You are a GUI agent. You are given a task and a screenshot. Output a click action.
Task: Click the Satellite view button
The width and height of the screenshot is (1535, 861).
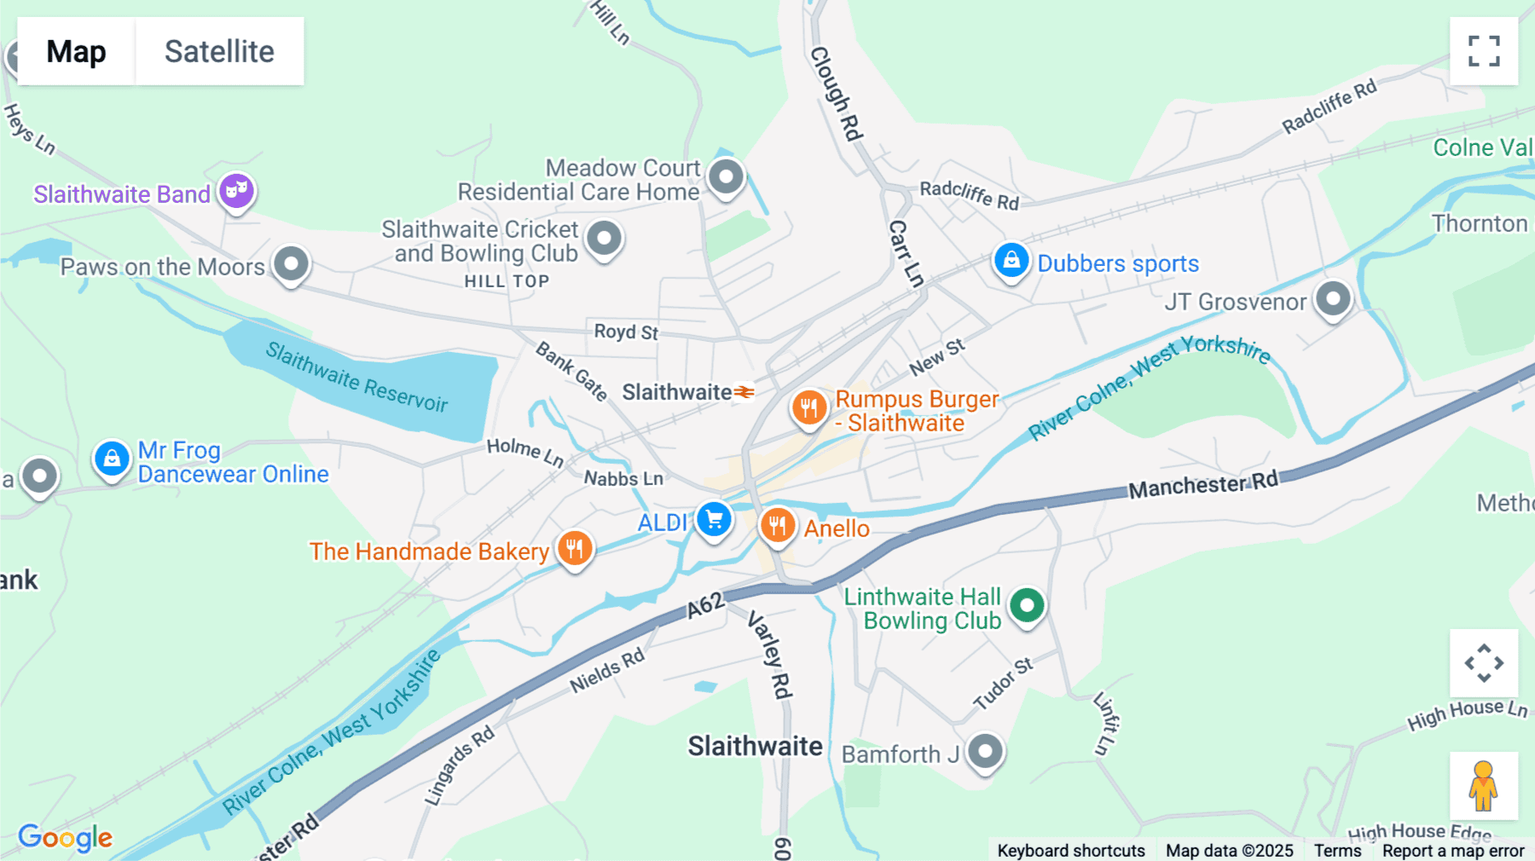coord(219,51)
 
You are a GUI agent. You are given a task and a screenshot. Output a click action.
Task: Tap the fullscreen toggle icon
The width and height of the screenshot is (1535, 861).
coord(1484,51)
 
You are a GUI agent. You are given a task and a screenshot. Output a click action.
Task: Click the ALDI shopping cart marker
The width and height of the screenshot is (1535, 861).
coord(714,518)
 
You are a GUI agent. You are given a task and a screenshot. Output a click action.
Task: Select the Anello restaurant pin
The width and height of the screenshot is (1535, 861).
coord(777,525)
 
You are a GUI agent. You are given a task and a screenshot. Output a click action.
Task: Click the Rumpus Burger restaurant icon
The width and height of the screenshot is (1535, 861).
coord(808,407)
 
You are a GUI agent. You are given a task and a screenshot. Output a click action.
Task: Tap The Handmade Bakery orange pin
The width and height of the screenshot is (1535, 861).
coord(575,548)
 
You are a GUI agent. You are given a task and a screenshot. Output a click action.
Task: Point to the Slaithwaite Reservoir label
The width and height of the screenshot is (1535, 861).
coord(356,377)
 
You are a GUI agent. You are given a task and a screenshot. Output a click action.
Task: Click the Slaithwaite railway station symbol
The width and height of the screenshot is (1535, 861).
coord(744,392)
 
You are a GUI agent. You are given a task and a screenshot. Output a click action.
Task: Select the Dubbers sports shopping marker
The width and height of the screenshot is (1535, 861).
coord(1011,260)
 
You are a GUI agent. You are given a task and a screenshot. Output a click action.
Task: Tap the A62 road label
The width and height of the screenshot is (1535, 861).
coord(706,604)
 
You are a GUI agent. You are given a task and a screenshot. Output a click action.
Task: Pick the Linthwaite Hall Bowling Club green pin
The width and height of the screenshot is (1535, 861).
coord(1027,605)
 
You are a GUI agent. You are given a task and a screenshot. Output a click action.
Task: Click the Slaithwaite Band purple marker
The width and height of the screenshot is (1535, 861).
coord(236,189)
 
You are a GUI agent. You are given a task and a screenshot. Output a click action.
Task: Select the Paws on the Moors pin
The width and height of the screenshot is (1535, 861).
coord(291,263)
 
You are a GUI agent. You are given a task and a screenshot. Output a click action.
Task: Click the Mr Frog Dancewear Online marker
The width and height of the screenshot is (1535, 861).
coord(112,459)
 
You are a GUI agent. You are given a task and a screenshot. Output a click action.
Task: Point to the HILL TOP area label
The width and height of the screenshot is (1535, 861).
coord(507,281)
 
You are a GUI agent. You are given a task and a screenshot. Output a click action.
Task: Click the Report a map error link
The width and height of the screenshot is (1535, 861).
coord(1453,851)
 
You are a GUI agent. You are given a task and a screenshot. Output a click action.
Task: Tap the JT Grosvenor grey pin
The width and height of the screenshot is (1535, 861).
coord(1333,298)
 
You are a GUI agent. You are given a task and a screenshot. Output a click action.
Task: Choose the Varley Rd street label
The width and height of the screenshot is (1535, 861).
coord(771,655)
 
